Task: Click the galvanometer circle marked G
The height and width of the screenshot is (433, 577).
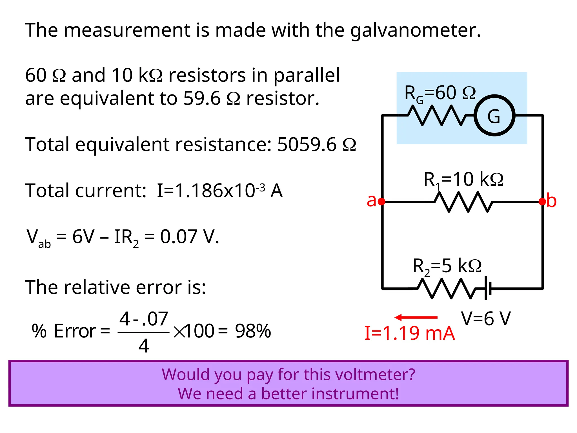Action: point(494,116)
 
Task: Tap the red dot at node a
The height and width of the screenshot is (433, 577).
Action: point(382,202)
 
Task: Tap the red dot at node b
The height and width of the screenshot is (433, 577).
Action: point(542,202)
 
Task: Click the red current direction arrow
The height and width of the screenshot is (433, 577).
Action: point(416,318)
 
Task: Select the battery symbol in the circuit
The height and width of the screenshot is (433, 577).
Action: point(488,288)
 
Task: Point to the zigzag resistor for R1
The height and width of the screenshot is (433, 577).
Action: point(463,202)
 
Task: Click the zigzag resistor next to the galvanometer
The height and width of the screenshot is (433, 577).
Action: point(441,115)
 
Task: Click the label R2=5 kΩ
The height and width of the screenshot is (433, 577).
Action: point(447,266)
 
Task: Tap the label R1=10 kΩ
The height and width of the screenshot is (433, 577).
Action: point(463,180)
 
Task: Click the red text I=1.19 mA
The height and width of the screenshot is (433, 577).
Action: point(409,333)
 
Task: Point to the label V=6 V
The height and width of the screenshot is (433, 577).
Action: point(486,319)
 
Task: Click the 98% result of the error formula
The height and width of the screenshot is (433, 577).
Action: point(253,331)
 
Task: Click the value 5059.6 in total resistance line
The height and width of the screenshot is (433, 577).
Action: point(307,145)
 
